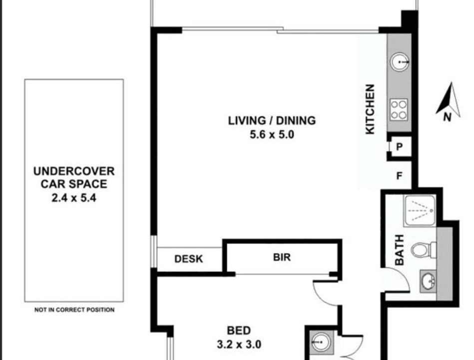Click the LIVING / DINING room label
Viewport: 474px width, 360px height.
click(x=272, y=120)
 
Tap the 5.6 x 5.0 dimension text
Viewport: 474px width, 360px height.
click(x=272, y=134)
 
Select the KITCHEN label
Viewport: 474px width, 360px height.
click(x=370, y=109)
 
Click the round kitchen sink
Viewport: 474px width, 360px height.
click(x=400, y=62)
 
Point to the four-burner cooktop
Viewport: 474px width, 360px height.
click(x=399, y=110)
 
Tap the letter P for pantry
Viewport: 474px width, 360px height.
click(x=400, y=147)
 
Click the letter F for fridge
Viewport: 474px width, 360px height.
click(x=400, y=176)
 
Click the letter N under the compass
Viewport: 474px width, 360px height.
click(x=448, y=117)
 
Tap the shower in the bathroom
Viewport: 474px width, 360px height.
click(x=420, y=210)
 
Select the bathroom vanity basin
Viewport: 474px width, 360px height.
click(x=428, y=281)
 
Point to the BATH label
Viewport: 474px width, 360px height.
click(x=400, y=250)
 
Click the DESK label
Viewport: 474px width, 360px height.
click(x=189, y=259)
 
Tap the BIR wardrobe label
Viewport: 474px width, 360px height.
click(x=282, y=257)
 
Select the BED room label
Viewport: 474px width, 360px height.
click(x=239, y=330)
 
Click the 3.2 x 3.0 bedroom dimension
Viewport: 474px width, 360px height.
click(x=239, y=344)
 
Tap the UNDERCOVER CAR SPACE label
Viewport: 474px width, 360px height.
click(x=74, y=177)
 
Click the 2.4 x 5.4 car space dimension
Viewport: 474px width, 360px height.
click(x=74, y=198)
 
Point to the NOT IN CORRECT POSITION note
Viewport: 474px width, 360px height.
click(x=74, y=310)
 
